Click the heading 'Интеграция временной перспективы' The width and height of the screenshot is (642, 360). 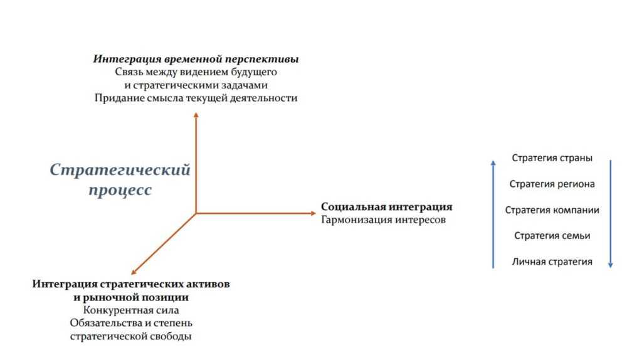196,59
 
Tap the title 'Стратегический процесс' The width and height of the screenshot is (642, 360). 120,179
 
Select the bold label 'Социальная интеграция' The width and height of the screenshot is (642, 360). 386,207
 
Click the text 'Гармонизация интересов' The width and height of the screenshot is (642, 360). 383,220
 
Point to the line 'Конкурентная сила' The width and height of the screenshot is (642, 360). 131,310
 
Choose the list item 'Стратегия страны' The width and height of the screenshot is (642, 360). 552,158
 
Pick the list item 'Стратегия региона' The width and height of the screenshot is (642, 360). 552,184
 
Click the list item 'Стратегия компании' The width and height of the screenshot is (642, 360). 552,210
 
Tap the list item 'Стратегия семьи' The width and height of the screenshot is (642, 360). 552,236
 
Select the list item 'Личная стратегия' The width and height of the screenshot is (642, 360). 552,262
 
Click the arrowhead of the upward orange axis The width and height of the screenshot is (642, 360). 196,115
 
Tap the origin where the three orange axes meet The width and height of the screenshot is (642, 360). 196,213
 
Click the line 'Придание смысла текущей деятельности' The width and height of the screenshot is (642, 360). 196,98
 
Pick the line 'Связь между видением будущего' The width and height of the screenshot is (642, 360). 196,72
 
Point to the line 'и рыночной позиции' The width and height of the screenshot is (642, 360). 131,297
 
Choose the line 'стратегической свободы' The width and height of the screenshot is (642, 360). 131,336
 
